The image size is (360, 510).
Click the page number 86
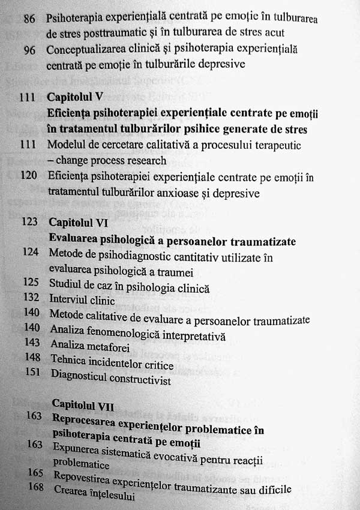[29, 19]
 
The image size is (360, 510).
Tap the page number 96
[29, 49]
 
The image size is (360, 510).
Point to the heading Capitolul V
[76, 97]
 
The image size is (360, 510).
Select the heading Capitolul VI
[78, 223]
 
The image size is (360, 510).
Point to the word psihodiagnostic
[139, 254]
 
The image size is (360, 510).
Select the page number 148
[32, 364]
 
